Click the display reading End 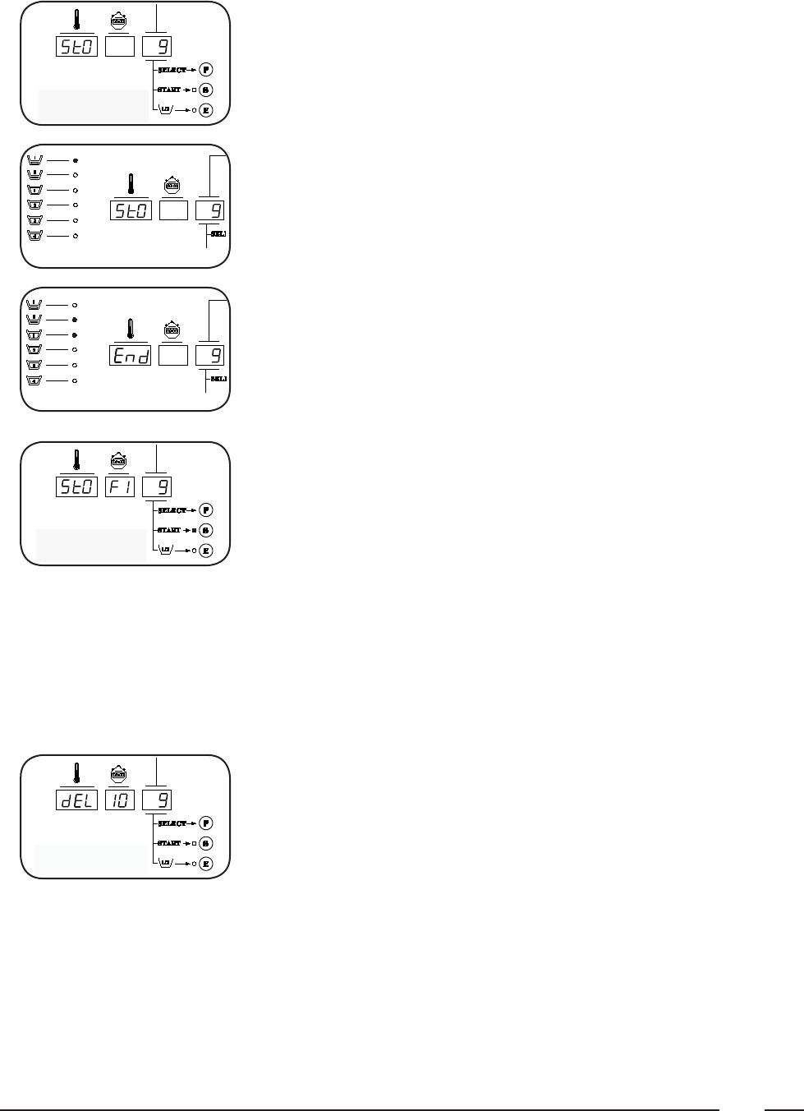click(131, 355)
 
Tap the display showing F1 click(120, 486)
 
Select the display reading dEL click(76, 799)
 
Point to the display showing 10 click(120, 799)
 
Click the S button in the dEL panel click(206, 843)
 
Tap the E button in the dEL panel click(206, 864)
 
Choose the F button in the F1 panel click(206, 510)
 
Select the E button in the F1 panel click(206, 551)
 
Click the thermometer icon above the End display click(130, 329)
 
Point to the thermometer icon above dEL click(76, 774)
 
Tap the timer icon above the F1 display click(119, 462)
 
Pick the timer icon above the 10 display click(119, 774)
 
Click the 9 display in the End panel click(209, 355)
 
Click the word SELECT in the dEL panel click(169, 823)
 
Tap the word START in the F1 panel click(169, 531)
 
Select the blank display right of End click(172, 355)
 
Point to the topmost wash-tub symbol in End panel click(35, 304)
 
